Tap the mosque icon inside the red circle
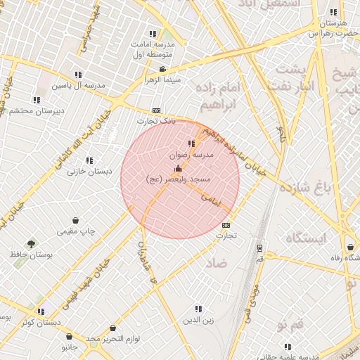pos(177,169)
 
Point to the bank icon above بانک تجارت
pos(156,110)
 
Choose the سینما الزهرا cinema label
pos(163,80)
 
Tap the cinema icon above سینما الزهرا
pos(163,69)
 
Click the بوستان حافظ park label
pos(31,256)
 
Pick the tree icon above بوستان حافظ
pos(31,244)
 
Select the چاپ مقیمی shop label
pos(76,231)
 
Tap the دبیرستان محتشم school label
pos(39,111)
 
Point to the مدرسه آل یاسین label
pos(79,85)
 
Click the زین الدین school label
pos(199,320)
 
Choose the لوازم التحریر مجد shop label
pos(113,339)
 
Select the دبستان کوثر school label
pos(41,322)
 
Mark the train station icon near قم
pos(260,248)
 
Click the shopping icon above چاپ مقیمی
pos(76,220)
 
